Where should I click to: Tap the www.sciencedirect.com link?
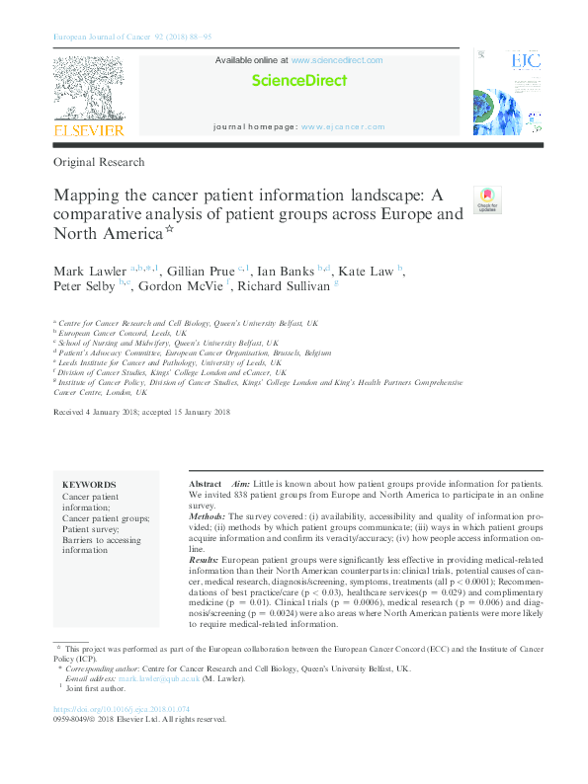337,60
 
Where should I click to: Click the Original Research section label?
100,161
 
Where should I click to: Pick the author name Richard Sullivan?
287,288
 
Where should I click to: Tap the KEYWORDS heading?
89,485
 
